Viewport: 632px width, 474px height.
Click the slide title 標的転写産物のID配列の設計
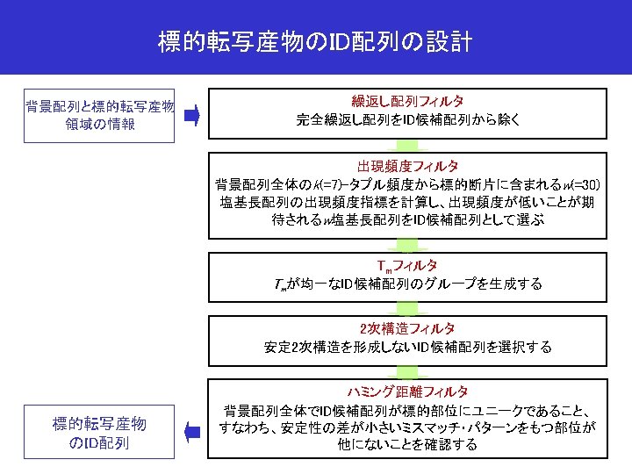tap(315, 40)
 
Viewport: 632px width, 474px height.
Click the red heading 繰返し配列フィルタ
tap(407, 103)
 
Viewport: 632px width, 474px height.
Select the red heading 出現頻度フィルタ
tap(407, 166)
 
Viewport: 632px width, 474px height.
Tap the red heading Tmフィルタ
tap(407, 265)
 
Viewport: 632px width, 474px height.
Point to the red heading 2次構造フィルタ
tap(407, 328)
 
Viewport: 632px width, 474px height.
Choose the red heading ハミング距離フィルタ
tap(407, 391)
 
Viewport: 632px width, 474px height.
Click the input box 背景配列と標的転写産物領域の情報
tap(99, 115)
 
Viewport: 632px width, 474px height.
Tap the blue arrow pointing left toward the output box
tap(194, 429)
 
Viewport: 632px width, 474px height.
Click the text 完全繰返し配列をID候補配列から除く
tap(407, 119)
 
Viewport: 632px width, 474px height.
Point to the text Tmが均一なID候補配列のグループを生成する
tap(407, 284)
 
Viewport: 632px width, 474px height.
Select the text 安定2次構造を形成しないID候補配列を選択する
tap(407, 347)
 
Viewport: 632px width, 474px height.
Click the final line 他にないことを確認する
tap(407, 445)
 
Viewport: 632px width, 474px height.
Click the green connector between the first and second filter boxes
tap(407, 145)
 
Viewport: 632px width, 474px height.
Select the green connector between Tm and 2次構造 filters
tap(407, 306)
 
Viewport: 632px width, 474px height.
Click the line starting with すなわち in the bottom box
tap(407, 427)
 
